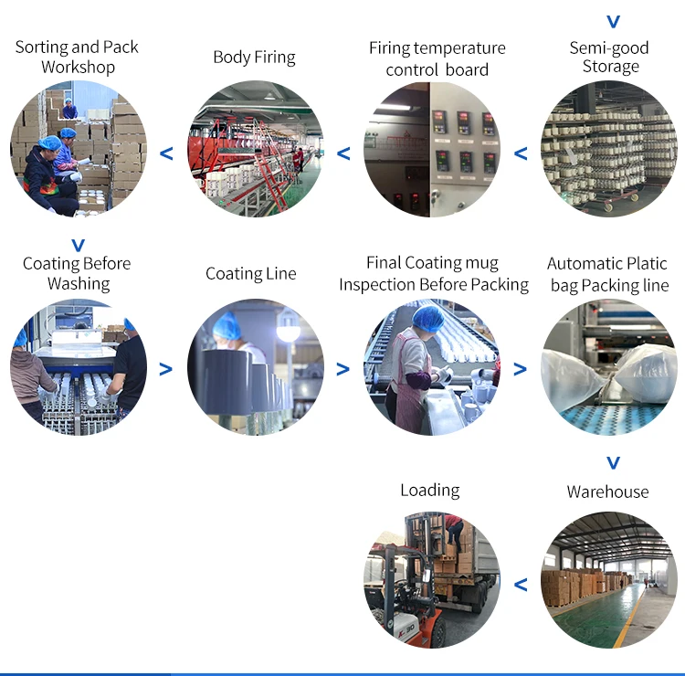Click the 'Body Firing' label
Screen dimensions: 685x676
point(254,57)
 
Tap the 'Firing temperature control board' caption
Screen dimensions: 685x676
point(437,58)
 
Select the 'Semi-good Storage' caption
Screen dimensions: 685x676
point(610,57)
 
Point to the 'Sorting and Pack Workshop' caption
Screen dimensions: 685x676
point(78,57)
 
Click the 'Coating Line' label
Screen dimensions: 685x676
point(250,273)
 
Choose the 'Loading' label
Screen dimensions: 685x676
point(429,491)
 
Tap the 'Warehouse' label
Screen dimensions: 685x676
point(607,491)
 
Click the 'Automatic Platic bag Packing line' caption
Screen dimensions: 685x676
point(609,274)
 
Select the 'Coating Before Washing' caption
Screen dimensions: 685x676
point(78,273)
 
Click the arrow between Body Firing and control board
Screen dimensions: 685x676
point(343,153)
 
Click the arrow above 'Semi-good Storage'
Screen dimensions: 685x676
point(613,21)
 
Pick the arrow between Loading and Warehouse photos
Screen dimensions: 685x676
point(521,585)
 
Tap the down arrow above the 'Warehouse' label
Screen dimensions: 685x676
point(613,461)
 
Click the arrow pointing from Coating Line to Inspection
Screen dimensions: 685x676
point(343,369)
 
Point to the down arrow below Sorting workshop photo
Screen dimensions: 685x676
point(78,245)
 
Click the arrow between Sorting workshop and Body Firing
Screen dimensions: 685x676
point(166,153)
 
